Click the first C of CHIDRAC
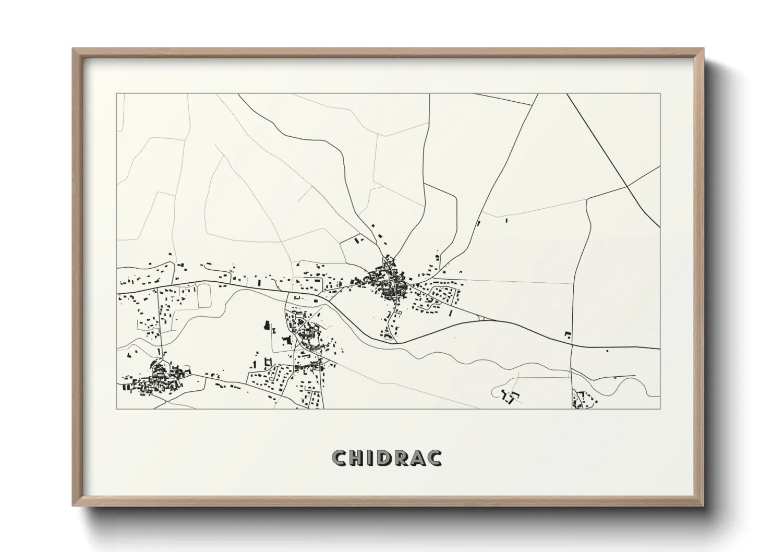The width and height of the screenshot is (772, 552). (340, 458)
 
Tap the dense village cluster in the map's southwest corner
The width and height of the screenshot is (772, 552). (156, 380)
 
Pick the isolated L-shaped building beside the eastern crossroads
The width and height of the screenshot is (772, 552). (568, 334)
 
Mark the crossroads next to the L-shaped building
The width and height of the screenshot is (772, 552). (572, 344)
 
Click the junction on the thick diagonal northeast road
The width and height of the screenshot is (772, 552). (627, 185)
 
